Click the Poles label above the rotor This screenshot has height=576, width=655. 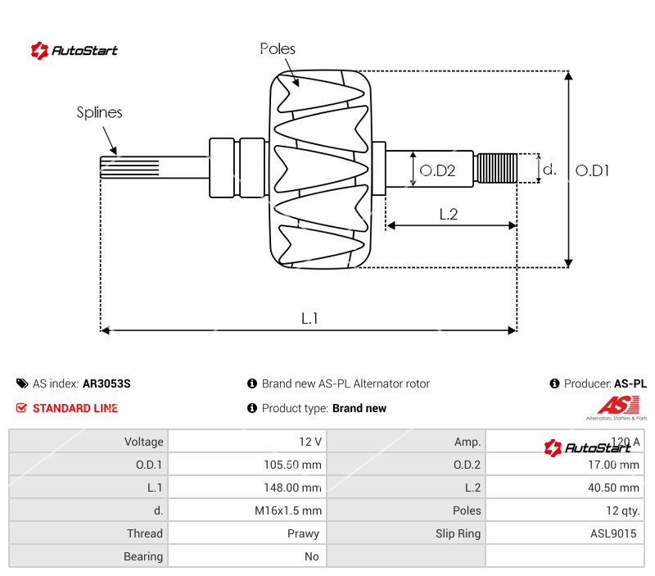[x=278, y=49]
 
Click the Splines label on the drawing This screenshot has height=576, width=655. [x=99, y=113]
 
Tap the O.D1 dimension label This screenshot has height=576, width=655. [x=593, y=170]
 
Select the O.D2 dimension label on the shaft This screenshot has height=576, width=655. [x=437, y=170]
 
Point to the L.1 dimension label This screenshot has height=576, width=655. [x=309, y=319]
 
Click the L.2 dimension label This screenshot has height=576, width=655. [x=448, y=215]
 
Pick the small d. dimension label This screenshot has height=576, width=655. [x=549, y=170]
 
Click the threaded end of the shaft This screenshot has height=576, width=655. [x=496, y=169]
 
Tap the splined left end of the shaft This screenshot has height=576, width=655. [x=128, y=168]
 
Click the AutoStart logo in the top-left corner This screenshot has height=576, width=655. [x=75, y=51]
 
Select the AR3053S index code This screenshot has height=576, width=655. [x=106, y=383]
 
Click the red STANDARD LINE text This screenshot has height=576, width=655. [x=75, y=408]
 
